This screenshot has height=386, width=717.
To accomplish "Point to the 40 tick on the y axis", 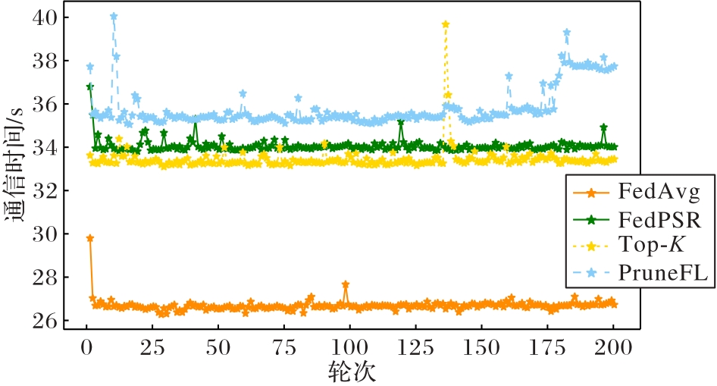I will click(48, 17).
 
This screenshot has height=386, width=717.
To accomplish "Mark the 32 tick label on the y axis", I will click(48, 191).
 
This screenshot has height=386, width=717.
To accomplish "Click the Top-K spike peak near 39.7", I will click(446, 24).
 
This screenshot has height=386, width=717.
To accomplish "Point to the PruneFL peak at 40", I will click(113, 17).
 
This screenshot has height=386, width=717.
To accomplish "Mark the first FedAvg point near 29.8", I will click(89, 238).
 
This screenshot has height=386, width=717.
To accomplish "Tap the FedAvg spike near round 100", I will click(346, 284).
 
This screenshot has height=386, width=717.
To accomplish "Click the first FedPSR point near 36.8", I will click(89, 87).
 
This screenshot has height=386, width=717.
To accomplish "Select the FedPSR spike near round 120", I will click(401, 123).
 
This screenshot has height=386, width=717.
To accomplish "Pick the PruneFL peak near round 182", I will click(566, 33).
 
